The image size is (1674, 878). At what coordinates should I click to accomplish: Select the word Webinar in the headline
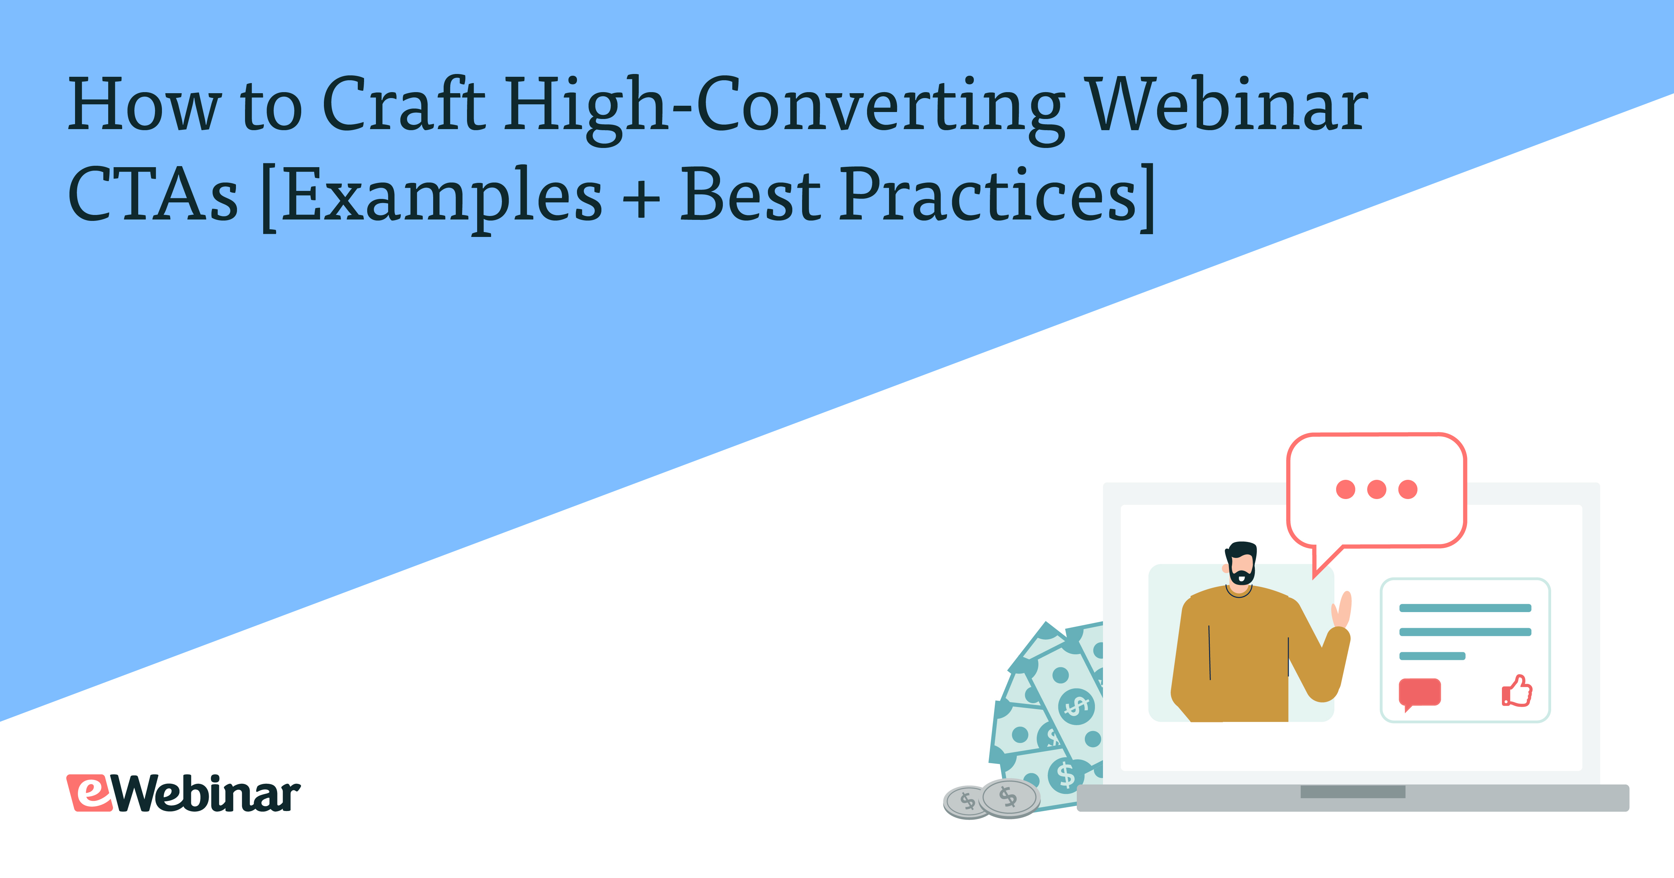(1228, 104)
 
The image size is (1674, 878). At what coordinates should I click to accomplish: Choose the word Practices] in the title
(998, 195)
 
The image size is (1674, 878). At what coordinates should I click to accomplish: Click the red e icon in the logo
(91, 793)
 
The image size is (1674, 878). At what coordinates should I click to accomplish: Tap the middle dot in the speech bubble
(1376, 489)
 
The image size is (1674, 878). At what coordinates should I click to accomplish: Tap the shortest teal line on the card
(1432, 656)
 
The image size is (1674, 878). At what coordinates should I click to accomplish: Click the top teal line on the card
(1465, 608)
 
